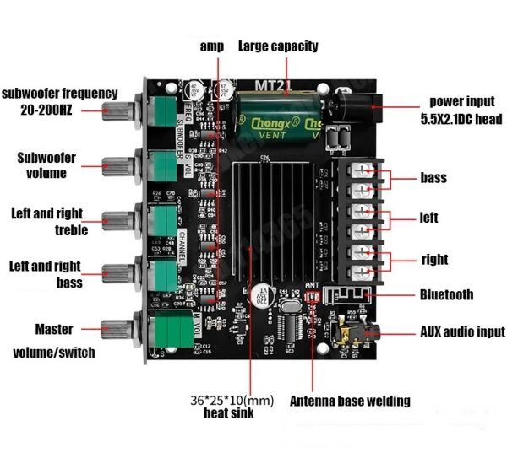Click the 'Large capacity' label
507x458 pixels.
278,46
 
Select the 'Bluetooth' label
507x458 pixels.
446,295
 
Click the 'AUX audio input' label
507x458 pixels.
462,332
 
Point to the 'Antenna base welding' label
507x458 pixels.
350,401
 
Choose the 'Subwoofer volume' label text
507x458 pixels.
46,165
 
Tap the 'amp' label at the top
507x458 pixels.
211,46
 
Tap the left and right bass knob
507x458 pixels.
116,272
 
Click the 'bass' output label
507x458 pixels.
433,178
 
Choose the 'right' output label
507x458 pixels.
434,260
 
